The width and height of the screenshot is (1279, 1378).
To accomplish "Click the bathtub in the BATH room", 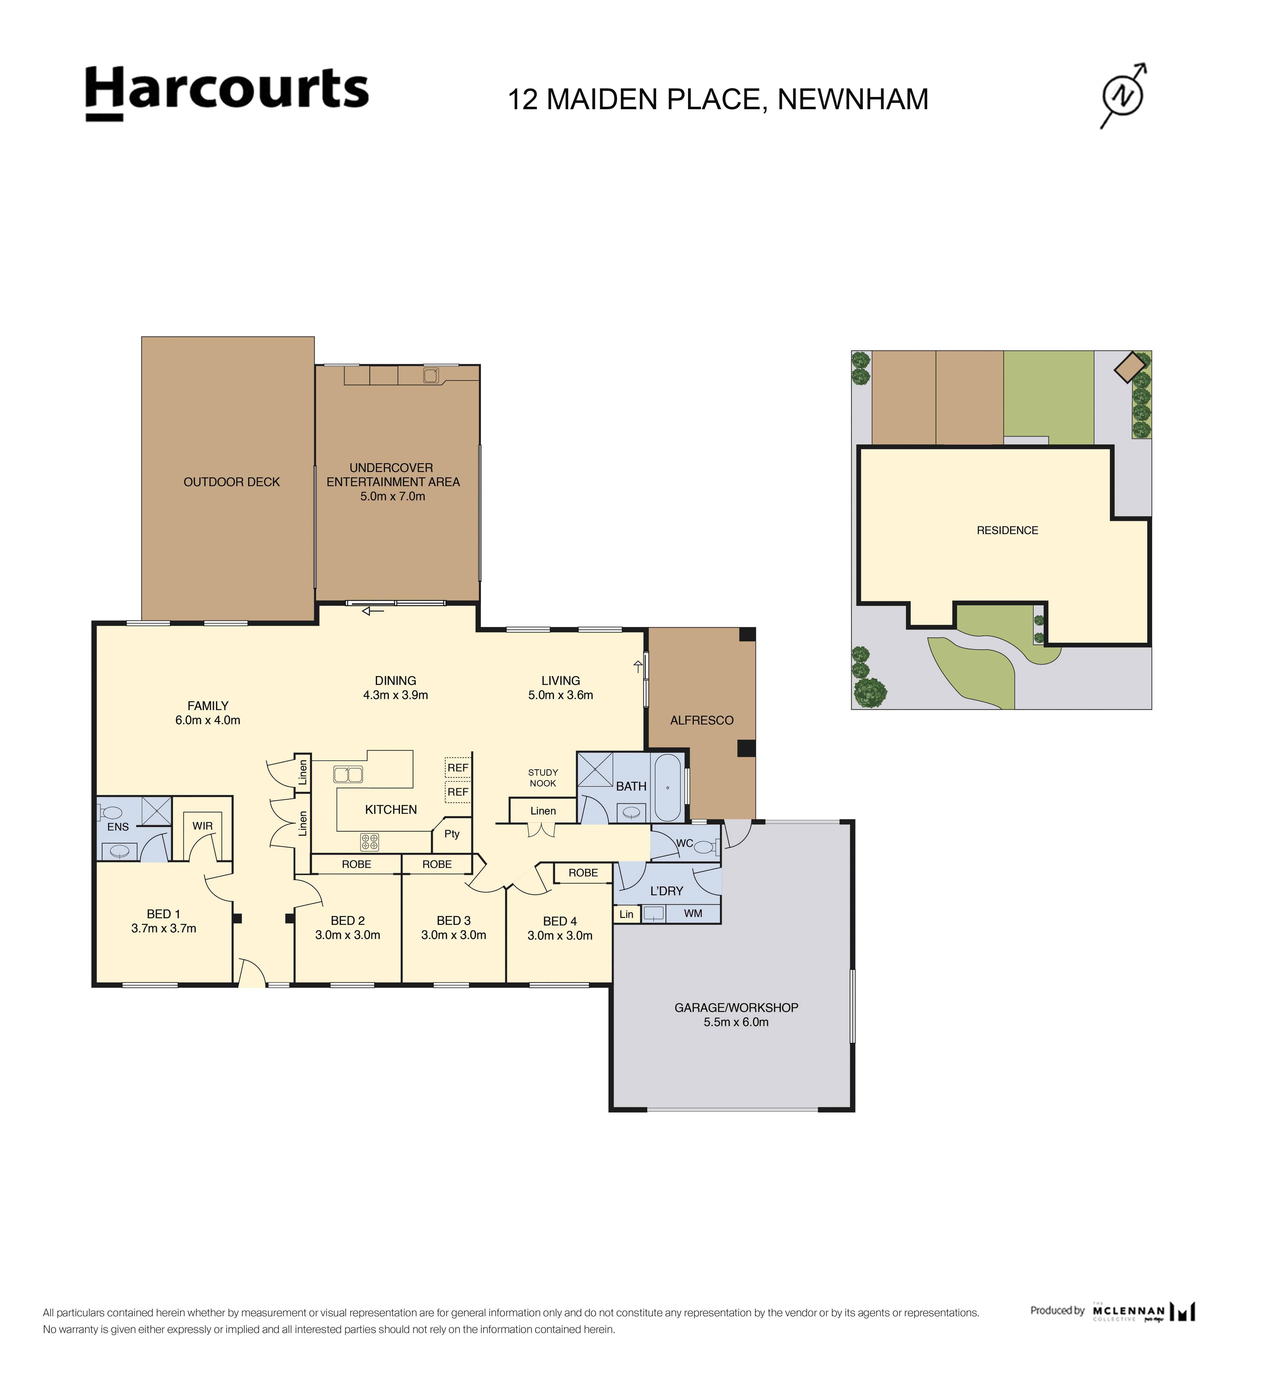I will click(668, 788).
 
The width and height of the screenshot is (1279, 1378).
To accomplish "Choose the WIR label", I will click(203, 826).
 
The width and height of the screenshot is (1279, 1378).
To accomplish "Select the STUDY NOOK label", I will click(543, 778).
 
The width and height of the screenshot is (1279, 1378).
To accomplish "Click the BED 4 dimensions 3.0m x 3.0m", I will click(560, 936).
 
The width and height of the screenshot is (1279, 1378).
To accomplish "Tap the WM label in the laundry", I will click(693, 914).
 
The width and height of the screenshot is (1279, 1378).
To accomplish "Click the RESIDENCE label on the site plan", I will click(1007, 530).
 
